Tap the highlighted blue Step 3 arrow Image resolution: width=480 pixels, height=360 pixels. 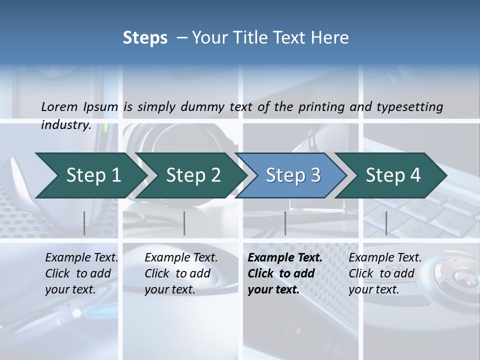point(293,175)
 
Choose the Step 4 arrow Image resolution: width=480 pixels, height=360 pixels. point(393,175)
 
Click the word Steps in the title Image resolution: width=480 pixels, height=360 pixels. point(145,38)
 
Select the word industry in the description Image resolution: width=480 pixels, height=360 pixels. point(65,125)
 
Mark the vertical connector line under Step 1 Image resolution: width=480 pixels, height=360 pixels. point(84,223)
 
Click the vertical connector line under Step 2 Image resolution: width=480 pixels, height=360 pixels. point(184,223)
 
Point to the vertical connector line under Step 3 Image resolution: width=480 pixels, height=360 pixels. point(285,223)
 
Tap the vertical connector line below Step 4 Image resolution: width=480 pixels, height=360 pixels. point(386,223)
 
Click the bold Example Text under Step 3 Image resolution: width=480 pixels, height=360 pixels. point(285,258)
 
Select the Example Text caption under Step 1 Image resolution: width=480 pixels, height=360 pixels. point(81,258)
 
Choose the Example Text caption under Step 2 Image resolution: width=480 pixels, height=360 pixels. point(181,258)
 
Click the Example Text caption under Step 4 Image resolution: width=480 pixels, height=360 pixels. point(385,258)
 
